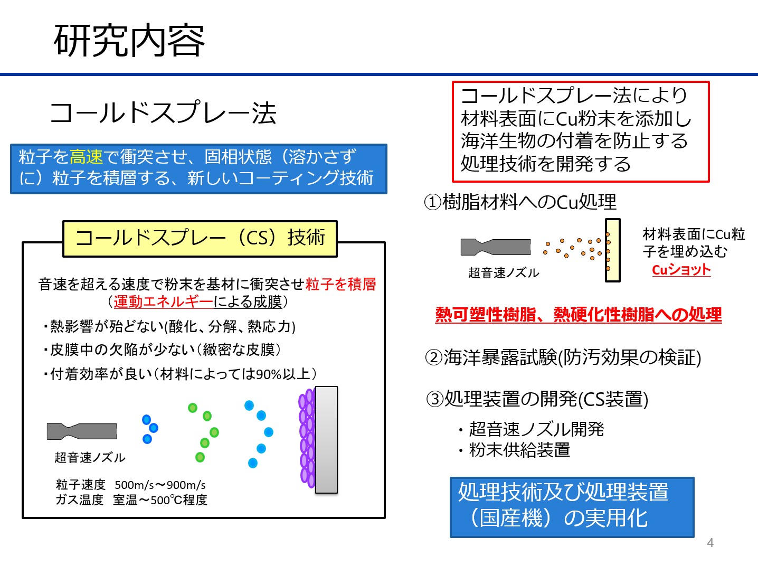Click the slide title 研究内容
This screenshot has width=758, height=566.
coord(129,41)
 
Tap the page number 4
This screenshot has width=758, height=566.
coord(710,543)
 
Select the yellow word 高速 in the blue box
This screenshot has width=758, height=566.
coord(87,157)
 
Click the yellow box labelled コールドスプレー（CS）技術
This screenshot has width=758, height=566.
coord(200,239)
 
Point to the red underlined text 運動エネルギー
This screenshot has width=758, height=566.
coord(163,301)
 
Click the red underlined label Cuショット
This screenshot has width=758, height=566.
coord(681,270)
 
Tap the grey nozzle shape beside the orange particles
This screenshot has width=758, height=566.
coord(496,247)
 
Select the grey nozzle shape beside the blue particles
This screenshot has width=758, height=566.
coord(82,431)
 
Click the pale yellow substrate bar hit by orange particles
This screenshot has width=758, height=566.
coord(613,250)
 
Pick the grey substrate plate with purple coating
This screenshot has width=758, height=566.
coord(326,440)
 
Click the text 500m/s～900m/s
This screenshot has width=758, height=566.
coord(160,485)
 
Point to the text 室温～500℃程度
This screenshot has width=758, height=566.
coord(160,499)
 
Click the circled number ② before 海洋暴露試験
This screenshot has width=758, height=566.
coord(434,357)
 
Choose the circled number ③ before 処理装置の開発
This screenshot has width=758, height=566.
coord(435,399)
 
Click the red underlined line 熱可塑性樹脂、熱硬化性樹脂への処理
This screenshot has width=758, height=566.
coord(579,315)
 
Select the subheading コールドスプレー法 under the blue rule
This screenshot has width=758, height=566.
coord(163,112)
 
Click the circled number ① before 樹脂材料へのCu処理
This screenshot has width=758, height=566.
coord(433,202)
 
